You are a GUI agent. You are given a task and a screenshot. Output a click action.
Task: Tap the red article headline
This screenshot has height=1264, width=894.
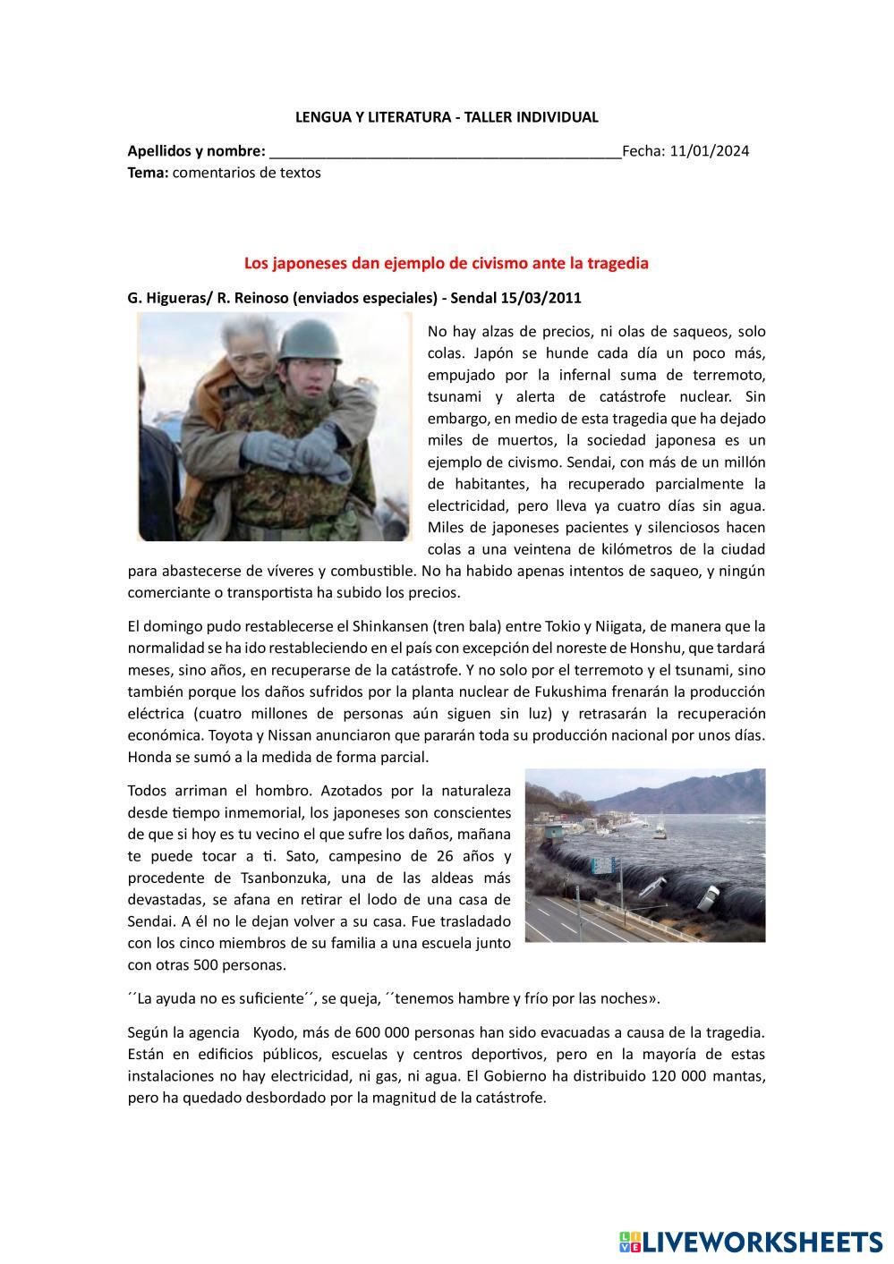click(x=446, y=264)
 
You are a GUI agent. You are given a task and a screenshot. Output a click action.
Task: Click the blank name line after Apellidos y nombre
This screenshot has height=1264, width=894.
click(x=445, y=150)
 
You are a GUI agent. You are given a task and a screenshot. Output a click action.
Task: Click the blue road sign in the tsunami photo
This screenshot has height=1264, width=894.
click(x=604, y=865)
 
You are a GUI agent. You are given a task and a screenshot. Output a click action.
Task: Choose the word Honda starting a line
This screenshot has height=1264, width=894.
click(x=149, y=757)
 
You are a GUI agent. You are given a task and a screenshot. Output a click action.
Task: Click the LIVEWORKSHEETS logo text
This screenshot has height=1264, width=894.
click(x=762, y=1242)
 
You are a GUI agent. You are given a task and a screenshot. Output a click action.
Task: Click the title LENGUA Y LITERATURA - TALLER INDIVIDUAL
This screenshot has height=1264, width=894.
click(x=447, y=117)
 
